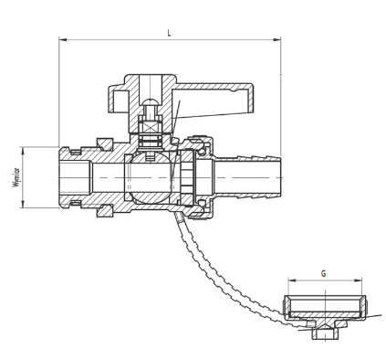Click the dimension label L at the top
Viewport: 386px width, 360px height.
point(169,33)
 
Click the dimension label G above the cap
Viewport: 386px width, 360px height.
point(324,273)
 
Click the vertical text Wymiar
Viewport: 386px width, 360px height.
point(16,177)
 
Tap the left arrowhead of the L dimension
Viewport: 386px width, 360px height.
point(62,39)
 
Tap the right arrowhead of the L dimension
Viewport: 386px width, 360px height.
point(277,39)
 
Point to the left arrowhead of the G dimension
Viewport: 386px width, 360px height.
point(292,281)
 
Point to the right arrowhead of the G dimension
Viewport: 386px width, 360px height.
point(359,281)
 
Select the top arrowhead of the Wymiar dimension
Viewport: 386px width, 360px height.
point(23,151)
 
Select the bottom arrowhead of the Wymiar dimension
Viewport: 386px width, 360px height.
point(23,204)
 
